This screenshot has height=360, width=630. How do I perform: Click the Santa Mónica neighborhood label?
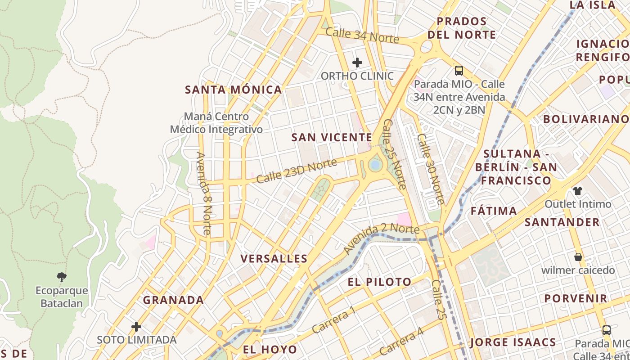(234, 90)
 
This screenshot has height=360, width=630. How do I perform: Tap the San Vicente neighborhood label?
(332, 137)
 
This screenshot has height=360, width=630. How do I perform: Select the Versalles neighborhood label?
(274, 259)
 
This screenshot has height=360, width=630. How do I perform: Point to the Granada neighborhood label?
(173, 300)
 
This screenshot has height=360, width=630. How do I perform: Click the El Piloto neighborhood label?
(379, 282)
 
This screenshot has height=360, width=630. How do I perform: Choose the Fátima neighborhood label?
(494, 211)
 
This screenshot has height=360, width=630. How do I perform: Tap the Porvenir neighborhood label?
(576, 298)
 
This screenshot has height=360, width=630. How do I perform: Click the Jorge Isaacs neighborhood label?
(513, 342)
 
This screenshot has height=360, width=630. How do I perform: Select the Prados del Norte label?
(462, 28)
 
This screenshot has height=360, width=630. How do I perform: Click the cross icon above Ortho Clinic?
(357, 62)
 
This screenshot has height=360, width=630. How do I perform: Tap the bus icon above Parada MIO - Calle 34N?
(459, 71)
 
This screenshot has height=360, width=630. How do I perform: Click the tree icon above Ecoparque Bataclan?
(62, 277)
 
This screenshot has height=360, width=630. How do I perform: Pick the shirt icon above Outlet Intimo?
(578, 190)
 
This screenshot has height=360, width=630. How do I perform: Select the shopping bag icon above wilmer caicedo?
(578, 257)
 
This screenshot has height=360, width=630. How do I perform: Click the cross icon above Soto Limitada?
(136, 326)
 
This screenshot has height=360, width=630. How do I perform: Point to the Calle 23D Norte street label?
(297, 171)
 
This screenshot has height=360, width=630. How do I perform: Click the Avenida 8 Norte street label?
(204, 193)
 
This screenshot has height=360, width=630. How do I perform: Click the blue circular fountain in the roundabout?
(374, 165)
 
